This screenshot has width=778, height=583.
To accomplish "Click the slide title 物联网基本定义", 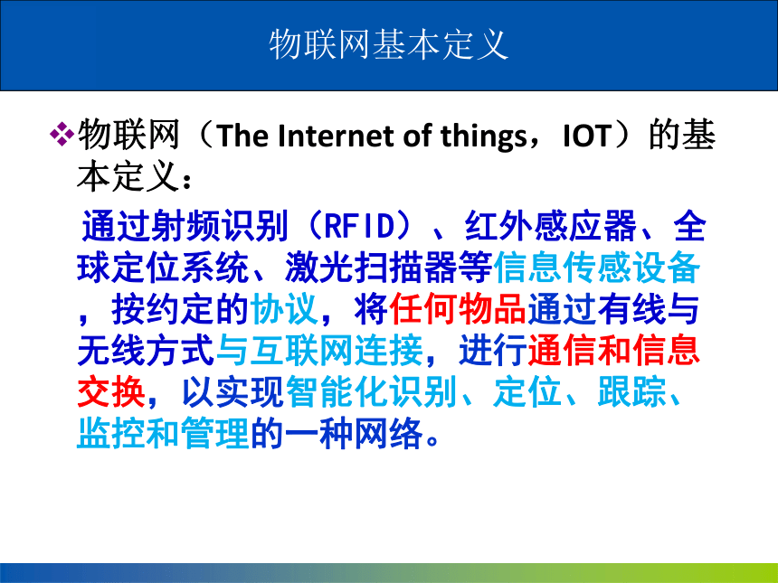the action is (389, 44).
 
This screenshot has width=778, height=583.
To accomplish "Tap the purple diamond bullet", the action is (62, 135).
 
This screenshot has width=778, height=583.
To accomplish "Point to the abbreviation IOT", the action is (586, 136).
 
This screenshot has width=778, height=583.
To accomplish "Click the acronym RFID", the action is (359, 226).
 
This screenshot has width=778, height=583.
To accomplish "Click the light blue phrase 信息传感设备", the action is (597, 268).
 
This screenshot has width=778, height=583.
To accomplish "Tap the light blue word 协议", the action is (284, 309).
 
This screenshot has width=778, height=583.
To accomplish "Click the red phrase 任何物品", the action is (458, 309).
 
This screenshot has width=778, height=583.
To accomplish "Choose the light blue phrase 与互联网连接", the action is (320, 351).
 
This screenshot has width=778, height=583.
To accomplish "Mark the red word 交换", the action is (111, 392).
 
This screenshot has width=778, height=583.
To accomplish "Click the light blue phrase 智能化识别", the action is (371, 392).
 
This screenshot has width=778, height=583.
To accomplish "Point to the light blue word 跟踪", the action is (631, 392).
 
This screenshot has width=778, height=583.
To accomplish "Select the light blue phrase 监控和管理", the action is (163, 434).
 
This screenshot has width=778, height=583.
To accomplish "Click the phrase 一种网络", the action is (355, 434).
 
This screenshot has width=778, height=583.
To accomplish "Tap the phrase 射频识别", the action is (221, 226).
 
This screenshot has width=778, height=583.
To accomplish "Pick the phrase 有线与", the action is (649, 309).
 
